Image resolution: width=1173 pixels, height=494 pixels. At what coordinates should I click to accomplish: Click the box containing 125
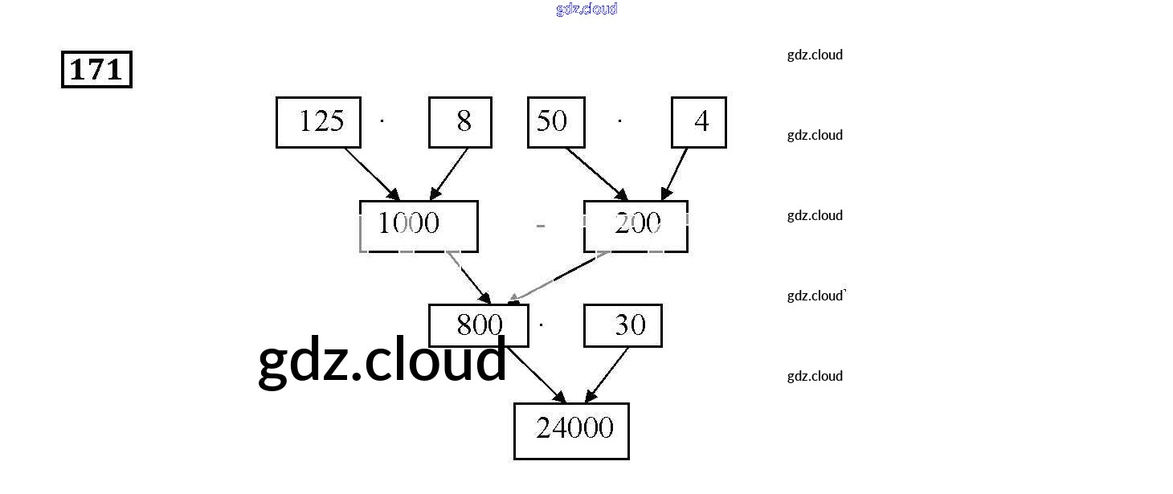click(318, 122)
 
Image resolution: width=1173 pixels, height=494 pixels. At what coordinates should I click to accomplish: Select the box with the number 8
click(460, 122)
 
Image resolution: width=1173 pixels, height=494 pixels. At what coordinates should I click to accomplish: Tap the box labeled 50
click(556, 122)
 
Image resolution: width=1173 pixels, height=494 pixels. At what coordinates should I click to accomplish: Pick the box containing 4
click(699, 122)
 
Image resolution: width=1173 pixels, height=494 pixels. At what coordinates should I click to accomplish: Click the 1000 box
click(418, 226)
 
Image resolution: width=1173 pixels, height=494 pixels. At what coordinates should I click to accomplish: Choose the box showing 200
click(636, 226)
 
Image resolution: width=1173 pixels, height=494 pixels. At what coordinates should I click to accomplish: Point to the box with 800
click(479, 325)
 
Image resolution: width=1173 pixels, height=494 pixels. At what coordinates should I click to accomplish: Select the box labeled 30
click(623, 325)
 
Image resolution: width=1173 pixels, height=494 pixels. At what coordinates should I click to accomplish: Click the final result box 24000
click(571, 431)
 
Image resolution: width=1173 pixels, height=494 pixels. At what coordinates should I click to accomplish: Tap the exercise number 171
click(96, 70)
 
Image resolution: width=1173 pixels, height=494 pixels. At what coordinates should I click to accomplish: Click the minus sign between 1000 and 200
click(541, 227)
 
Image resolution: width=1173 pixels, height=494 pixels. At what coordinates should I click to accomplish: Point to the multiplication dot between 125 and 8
click(382, 121)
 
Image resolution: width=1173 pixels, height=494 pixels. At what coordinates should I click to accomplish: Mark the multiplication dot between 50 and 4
click(619, 121)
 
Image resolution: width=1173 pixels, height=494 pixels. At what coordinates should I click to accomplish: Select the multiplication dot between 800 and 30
click(542, 325)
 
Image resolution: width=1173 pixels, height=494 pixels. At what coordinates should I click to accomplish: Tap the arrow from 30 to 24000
click(607, 374)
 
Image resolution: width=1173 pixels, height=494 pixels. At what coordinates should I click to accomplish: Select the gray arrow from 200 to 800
click(558, 278)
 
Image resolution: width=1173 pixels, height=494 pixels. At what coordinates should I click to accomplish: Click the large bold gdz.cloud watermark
click(382, 361)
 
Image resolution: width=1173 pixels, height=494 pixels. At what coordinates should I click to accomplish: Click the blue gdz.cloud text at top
click(586, 9)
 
